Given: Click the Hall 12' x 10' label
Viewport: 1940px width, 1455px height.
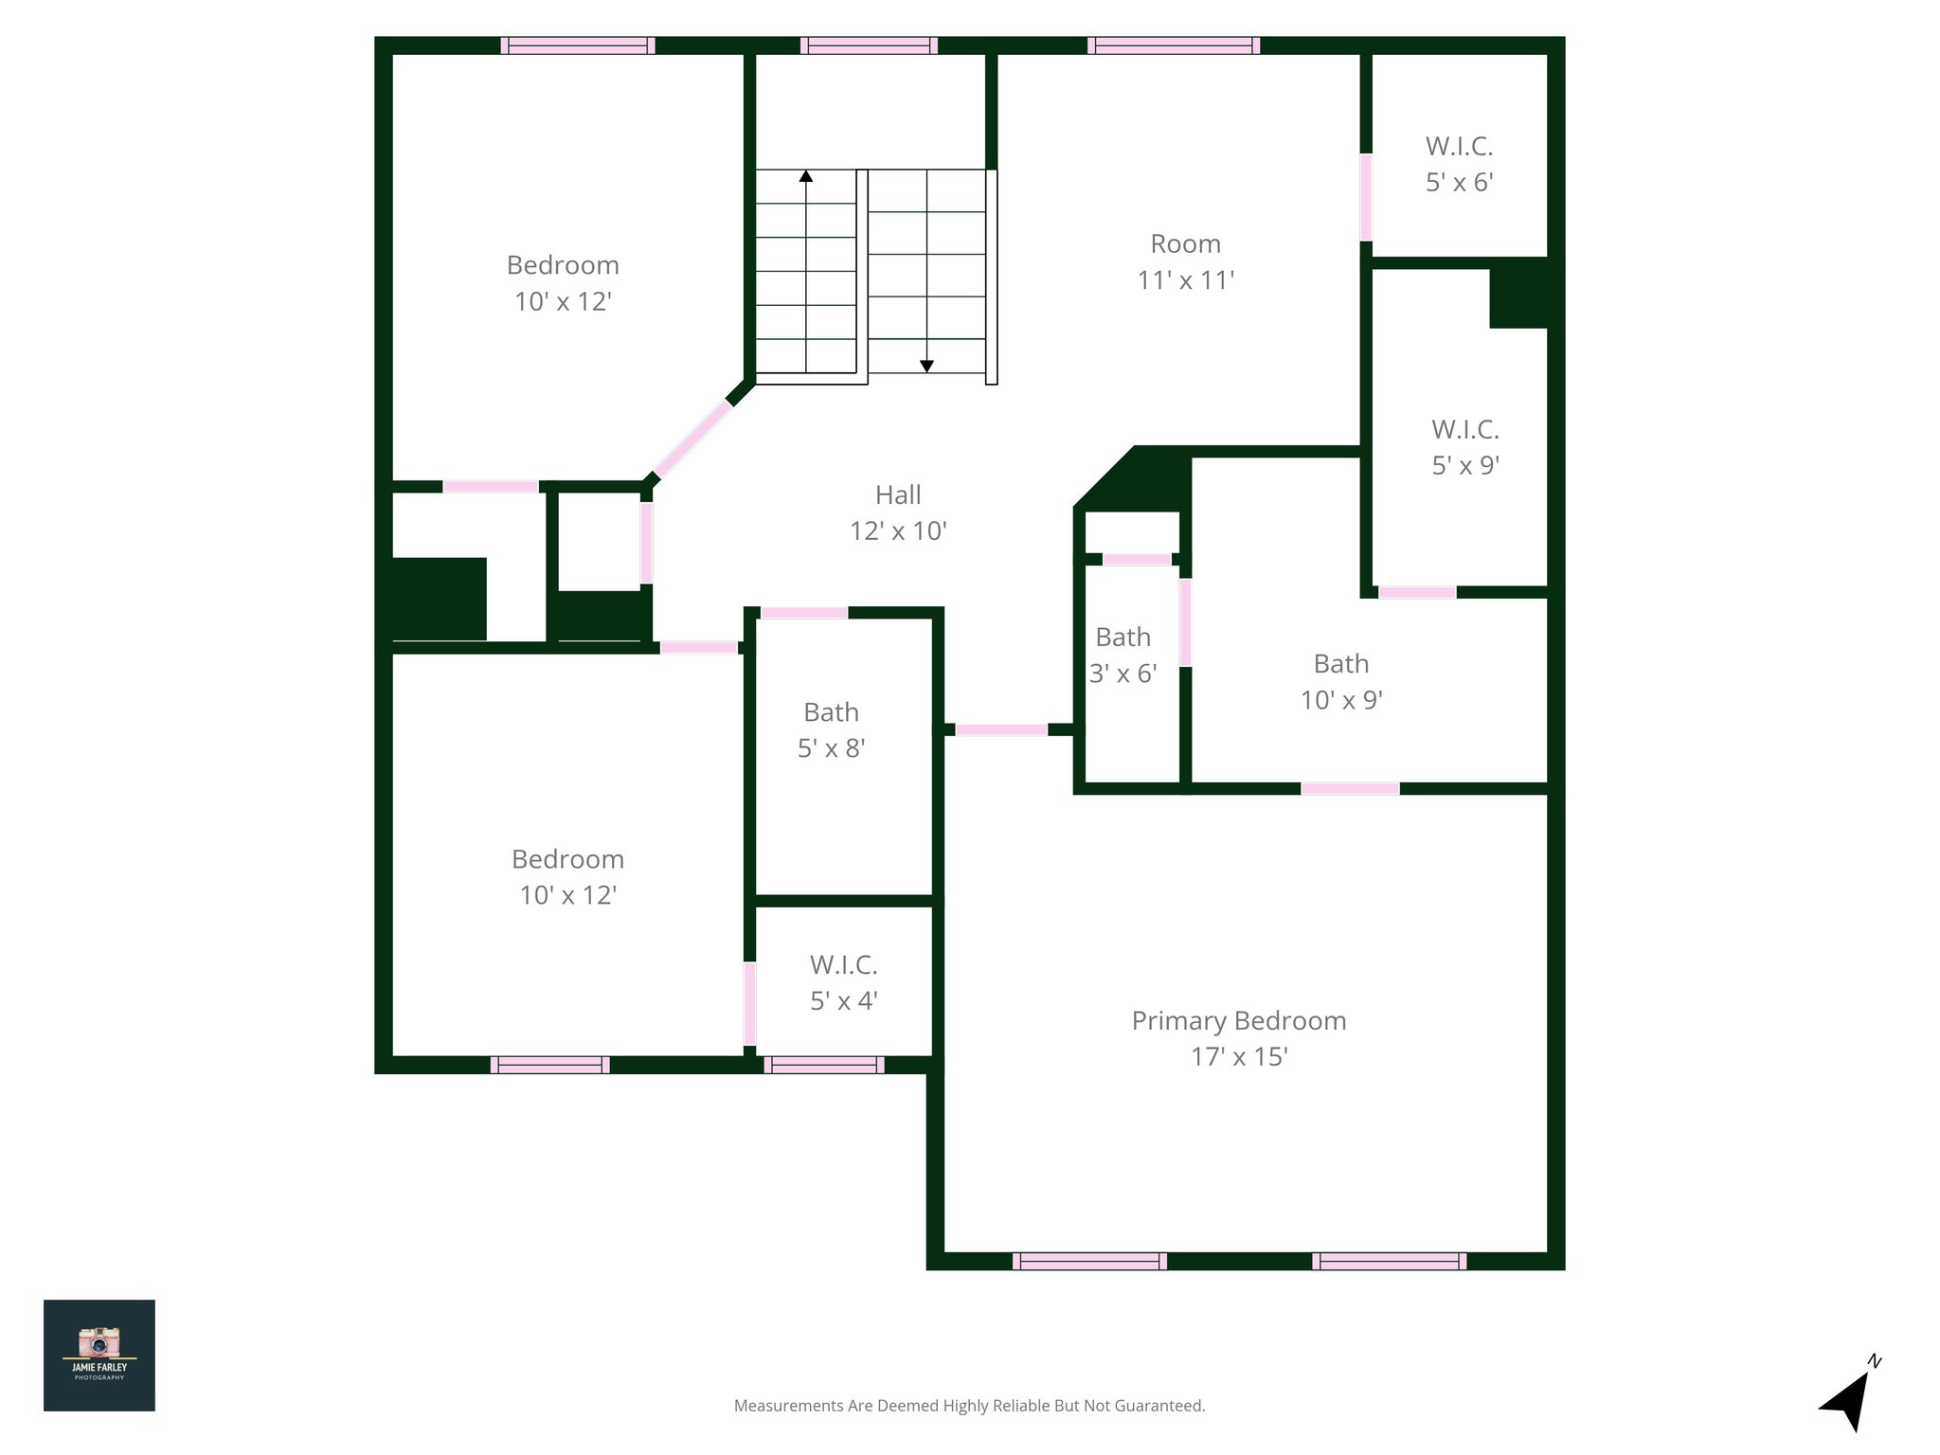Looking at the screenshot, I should tap(898, 512).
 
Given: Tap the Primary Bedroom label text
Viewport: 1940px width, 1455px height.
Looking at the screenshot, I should tap(1238, 1021).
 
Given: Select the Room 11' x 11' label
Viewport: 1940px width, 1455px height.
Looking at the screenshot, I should tap(1185, 261).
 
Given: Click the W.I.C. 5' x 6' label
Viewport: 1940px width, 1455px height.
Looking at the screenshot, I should tap(1459, 164).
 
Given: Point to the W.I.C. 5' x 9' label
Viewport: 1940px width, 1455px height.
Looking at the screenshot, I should tap(1464, 447).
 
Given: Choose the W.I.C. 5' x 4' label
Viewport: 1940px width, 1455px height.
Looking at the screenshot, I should tap(843, 982).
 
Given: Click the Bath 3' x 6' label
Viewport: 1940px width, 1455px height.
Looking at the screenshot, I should tap(1123, 655).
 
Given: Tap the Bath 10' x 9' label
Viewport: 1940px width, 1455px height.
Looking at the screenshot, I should tap(1340, 681).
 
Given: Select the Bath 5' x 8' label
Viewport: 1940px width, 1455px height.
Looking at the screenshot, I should tap(831, 729).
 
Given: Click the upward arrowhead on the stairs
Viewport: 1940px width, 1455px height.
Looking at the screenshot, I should tap(806, 176).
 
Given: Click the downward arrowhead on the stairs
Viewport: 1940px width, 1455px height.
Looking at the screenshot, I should tap(927, 366).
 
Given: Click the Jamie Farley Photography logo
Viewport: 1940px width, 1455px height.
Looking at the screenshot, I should tap(99, 1355).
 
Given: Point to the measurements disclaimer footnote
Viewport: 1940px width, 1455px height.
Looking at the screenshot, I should tap(969, 1406).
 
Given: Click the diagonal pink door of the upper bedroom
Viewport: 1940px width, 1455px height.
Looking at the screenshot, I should tap(693, 438).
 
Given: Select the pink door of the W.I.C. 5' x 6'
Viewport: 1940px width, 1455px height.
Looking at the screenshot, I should tap(1366, 197).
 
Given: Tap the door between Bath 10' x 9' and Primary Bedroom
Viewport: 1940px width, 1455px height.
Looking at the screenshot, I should tap(1350, 789).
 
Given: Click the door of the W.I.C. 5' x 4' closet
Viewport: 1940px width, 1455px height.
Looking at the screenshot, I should tap(749, 1003).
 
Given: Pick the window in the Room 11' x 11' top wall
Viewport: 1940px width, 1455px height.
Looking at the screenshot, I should tap(1174, 45).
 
